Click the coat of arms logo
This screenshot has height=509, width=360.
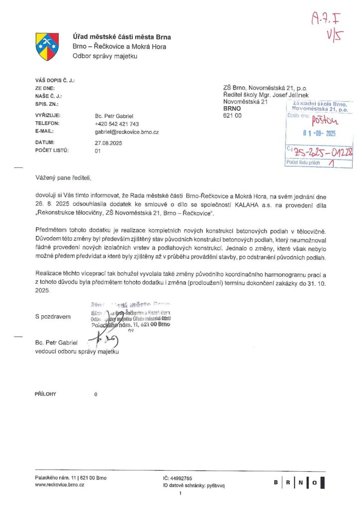(x=47, y=46)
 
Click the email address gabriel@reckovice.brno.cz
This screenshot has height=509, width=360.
(x=126, y=132)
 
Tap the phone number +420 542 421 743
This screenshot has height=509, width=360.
(x=116, y=123)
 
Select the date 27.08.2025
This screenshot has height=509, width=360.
(x=108, y=143)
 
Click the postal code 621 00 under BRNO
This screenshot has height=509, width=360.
(x=232, y=115)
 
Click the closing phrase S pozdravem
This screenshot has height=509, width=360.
(x=53, y=317)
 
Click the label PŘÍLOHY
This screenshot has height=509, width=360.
(x=45, y=394)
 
